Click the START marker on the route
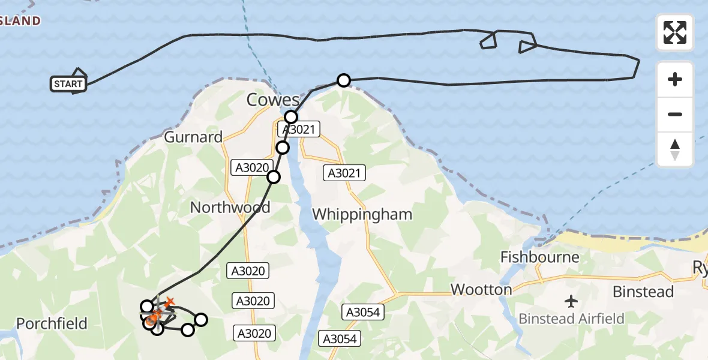(x=68, y=84)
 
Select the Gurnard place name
(x=193, y=137)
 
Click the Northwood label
(x=230, y=208)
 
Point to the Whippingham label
(x=362, y=214)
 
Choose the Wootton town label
(x=481, y=290)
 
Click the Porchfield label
(x=52, y=324)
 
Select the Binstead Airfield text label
(x=571, y=319)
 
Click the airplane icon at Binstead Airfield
(x=571, y=300)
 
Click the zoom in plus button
(x=675, y=79)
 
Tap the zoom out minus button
(x=675, y=114)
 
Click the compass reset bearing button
(x=675, y=149)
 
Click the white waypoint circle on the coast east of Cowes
(x=343, y=80)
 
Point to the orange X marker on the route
(x=170, y=301)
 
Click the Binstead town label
(x=643, y=292)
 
